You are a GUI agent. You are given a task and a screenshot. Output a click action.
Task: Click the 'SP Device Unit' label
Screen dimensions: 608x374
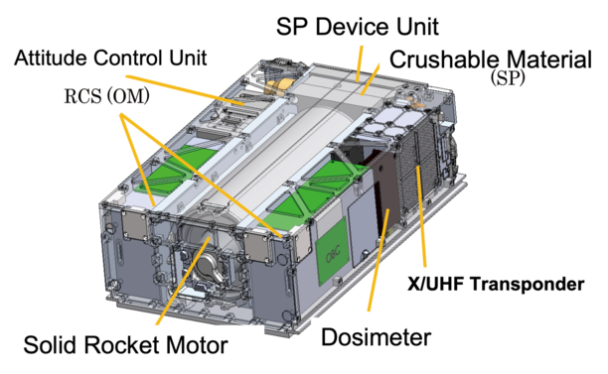coord(357,27)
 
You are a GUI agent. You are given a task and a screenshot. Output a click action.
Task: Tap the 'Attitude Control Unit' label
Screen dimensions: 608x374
coord(110,59)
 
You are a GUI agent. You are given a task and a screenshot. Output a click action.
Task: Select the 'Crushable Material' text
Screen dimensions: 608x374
coord(491,60)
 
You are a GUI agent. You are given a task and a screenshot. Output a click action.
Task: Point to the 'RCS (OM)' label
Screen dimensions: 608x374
coord(106,96)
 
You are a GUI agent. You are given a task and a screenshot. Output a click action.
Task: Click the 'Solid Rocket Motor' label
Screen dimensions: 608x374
coord(125,345)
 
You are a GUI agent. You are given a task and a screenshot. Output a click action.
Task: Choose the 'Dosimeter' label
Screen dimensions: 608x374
coord(377,337)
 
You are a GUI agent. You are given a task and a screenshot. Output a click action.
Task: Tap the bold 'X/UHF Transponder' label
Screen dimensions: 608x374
coord(496,284)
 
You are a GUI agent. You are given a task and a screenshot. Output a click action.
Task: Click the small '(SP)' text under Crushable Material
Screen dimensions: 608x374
coord(508,79)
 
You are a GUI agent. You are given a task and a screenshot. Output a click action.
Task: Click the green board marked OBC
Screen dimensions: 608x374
coord(332,251)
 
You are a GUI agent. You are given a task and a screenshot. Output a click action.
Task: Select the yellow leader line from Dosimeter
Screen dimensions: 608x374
coord(379,259)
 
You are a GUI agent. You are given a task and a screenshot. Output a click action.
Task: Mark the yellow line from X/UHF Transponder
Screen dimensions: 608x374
coord(421,216)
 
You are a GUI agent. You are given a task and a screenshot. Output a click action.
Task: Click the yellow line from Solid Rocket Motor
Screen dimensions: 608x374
coord(183,281)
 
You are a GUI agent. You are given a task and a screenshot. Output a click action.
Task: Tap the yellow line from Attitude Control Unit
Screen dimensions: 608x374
coord(185,90)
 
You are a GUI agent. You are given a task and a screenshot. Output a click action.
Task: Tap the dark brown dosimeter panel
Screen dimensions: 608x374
coord(385,189)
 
